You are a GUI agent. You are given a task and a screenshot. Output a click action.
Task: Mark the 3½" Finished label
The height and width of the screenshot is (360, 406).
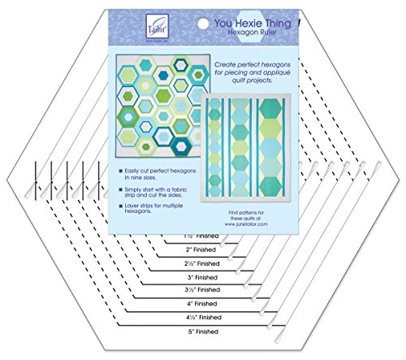click(x=202, y=290)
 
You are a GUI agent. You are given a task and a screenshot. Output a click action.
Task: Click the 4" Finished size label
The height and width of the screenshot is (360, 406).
click(x=202, y=303)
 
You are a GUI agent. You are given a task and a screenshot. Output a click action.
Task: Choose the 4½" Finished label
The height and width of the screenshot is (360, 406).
click(x=202, y=317)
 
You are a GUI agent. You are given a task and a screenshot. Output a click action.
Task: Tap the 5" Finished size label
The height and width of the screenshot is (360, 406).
click(x=202, y=331)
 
